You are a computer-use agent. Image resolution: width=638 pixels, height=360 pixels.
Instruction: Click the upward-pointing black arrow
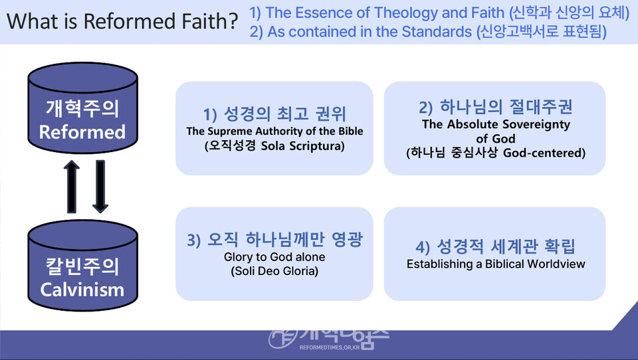[x=72, y=186]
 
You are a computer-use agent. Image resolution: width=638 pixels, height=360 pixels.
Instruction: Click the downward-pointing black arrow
[x=100, y=186]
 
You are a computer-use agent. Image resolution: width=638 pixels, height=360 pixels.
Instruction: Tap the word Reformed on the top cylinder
[x=82, y=132]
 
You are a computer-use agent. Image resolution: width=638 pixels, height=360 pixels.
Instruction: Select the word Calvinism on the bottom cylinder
[x=82, y=290]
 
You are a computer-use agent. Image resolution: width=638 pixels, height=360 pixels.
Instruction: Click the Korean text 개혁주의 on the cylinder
[x=82, y=108]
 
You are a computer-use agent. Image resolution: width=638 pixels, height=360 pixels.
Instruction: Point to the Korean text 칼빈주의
[x=82, y=266]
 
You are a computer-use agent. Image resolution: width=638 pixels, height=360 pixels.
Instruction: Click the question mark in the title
[x=233, y=21]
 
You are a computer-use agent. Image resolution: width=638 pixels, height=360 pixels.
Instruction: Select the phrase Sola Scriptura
[x=303, y=145]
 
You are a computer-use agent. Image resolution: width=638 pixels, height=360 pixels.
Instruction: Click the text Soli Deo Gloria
[x=274, y=271]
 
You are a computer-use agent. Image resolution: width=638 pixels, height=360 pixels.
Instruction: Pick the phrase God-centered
[x=544, y=153]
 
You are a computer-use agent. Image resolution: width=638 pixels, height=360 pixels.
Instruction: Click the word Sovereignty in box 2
[x=535, y=124]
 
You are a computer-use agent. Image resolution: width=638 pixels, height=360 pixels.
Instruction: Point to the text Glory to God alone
[x=274, y=256]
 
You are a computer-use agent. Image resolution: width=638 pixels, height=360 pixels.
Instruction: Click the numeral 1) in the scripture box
[x=210, y=114]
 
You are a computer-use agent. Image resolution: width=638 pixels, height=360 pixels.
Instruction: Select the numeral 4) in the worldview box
[x=423, y=247]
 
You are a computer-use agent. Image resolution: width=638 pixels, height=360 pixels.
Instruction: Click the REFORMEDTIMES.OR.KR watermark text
[x=330, y=347]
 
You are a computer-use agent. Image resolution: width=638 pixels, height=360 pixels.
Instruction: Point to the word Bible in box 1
[x=350, y=131]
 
